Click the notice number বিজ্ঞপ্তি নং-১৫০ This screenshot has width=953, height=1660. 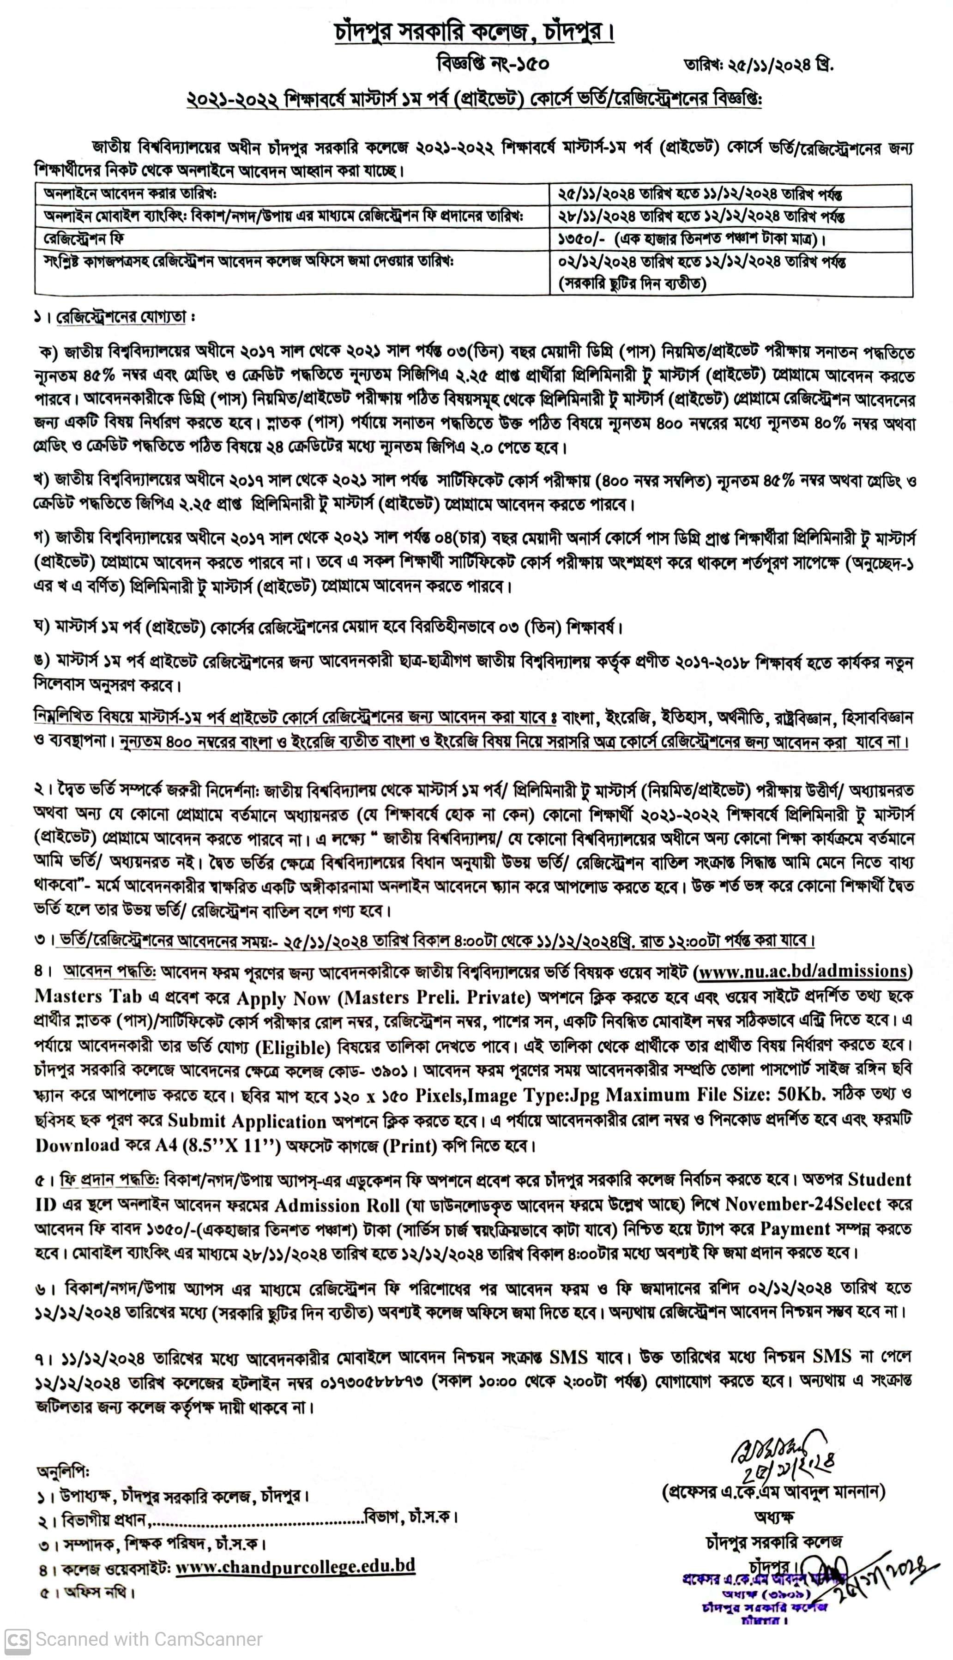click(493, 64)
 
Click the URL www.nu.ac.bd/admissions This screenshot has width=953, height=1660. click(804, 971)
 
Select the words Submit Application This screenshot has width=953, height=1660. click(247, 1121)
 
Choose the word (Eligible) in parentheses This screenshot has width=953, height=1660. click(293, 1047)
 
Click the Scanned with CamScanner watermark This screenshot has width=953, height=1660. click(134, 1639)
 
